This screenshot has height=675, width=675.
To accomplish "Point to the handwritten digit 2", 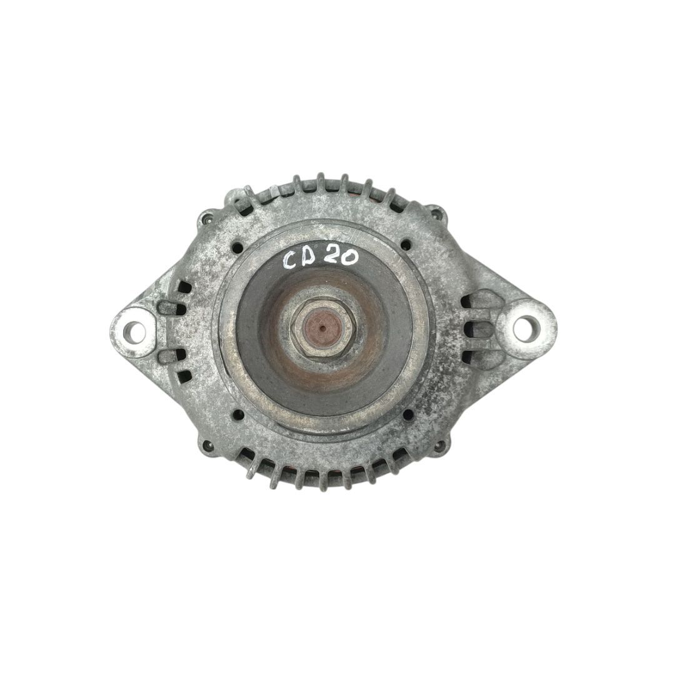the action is [333, 258].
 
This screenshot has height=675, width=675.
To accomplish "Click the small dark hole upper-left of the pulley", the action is [236, 247].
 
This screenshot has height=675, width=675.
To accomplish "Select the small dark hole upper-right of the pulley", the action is [406, 245].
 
